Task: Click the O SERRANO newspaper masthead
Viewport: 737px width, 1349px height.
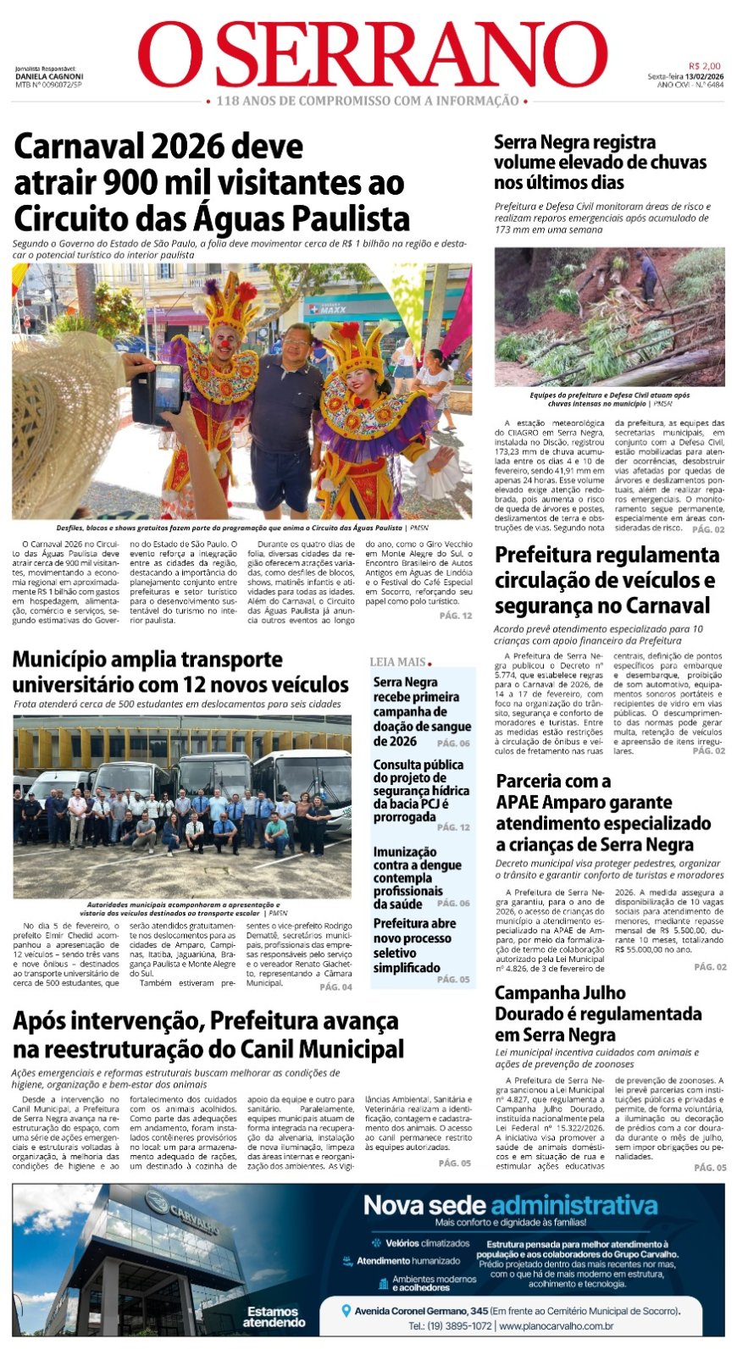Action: [x=373, y=55]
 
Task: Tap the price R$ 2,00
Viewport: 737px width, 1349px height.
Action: [x=704, y=66]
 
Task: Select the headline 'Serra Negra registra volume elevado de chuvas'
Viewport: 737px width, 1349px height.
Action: [x=600, y=162]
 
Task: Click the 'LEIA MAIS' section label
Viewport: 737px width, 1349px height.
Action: [x=398, y=662]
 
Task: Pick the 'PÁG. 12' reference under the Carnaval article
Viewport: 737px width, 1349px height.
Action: [x=456, y=616]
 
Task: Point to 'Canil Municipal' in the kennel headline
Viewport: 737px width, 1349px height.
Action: [x=322, y=1050]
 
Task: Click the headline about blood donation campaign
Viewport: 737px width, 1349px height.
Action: [x=421, y=711]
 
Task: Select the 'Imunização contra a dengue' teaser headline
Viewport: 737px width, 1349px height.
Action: [x=417, y=877]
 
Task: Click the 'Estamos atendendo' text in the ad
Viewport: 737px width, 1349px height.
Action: [x=274, y=1317]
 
